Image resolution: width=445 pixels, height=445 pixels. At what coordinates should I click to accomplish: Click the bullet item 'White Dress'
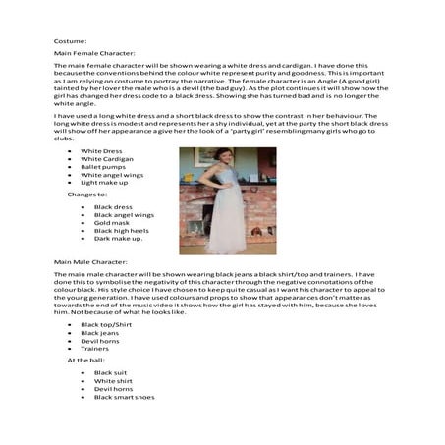click(101, 151)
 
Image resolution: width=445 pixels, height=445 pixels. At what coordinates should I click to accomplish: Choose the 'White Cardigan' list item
click(107, 159)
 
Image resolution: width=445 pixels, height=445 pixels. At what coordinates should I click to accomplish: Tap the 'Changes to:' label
click(88, 195)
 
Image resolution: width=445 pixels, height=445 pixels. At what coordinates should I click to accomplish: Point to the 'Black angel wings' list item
click(124, 214)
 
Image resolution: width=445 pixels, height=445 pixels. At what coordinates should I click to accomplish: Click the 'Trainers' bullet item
click(95, 348)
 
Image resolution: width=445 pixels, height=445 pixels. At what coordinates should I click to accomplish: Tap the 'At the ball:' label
click(89, 360)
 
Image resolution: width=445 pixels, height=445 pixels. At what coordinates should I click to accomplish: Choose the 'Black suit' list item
click(113, 373)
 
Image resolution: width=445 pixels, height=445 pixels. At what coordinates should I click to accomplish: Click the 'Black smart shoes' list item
click(125, 397)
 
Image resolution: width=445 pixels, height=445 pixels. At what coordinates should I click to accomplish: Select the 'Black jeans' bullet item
click(101, 332)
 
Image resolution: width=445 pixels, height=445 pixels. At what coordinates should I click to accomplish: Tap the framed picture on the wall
click(205, 157)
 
